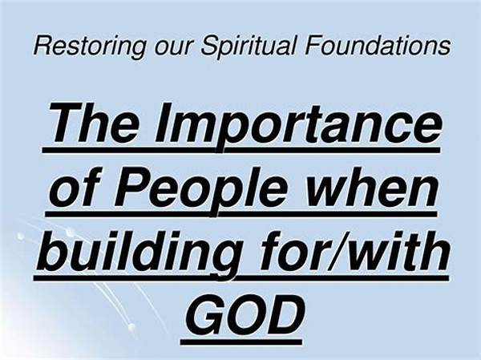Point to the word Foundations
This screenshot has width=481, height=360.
coord(378,46)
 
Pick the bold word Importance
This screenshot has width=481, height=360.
coord(297,126)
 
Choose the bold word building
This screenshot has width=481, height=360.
coord(139,254)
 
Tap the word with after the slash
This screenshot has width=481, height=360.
coord(398,251)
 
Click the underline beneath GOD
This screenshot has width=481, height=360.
coord(241,342)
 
